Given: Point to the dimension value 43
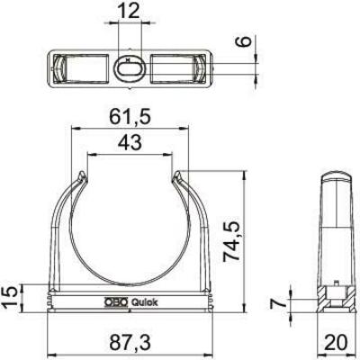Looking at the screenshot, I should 130,141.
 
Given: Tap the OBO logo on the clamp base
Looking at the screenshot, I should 118,302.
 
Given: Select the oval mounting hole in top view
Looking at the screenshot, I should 129,67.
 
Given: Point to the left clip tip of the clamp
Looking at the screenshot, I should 85,175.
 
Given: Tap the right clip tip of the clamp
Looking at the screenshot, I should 175,175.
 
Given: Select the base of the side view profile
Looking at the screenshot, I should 335,304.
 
